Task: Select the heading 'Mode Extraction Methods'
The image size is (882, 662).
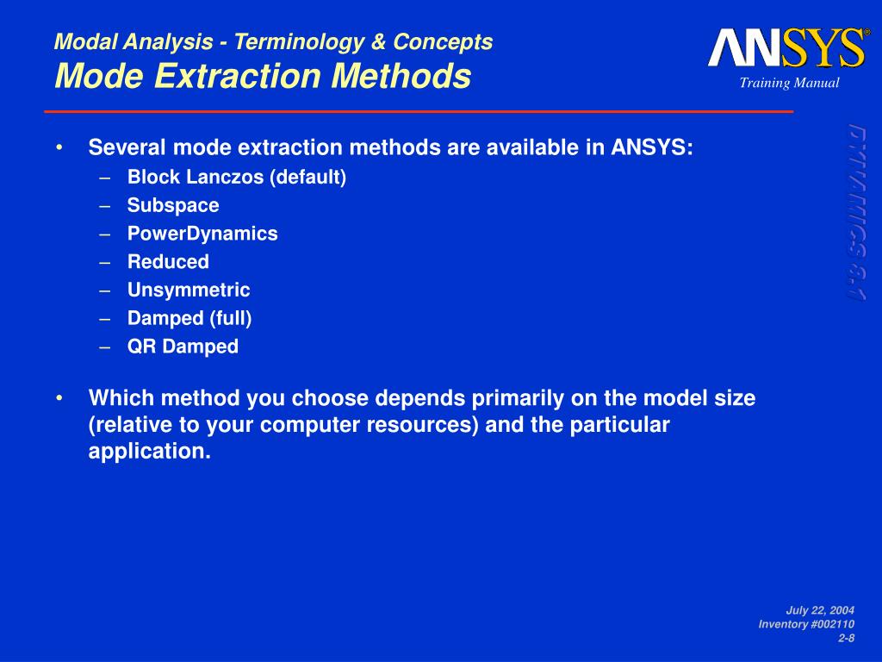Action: pos(263,76)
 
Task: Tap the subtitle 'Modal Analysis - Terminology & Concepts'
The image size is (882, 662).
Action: pos(273,41)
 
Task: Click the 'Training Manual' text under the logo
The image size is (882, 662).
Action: pos(789,83)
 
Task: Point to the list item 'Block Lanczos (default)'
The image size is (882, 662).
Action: pos(237,178)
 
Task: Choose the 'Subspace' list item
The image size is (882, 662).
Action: pos(173,205)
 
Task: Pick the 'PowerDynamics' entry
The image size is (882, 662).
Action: pos(202,234)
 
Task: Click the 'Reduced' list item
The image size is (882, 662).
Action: pos(168,262)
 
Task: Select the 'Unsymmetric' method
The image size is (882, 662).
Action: pos(189,290)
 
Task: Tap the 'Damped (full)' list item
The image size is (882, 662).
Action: pos(189,318)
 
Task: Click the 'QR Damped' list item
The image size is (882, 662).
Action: pos(183,347)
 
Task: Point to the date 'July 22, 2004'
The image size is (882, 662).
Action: pos(820,610)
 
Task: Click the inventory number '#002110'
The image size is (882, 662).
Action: pos(830,624)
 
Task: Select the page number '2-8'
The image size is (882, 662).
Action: pos(847,638)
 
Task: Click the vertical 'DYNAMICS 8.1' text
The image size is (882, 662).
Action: pos(857,213)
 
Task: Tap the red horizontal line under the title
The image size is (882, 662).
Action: pos(419,111)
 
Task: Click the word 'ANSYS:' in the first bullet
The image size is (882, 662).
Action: pos(652,147)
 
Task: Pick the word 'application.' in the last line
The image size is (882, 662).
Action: pos(150,452)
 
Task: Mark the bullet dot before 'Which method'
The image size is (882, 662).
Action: pos(59,398)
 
